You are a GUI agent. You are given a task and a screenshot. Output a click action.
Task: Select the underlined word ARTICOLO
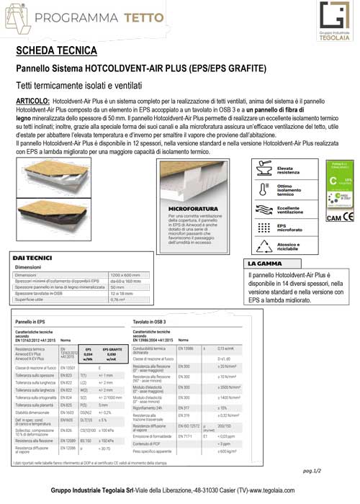click(x=36, y=102)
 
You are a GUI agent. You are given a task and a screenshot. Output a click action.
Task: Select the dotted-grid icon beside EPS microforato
click(x=261, y=228)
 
